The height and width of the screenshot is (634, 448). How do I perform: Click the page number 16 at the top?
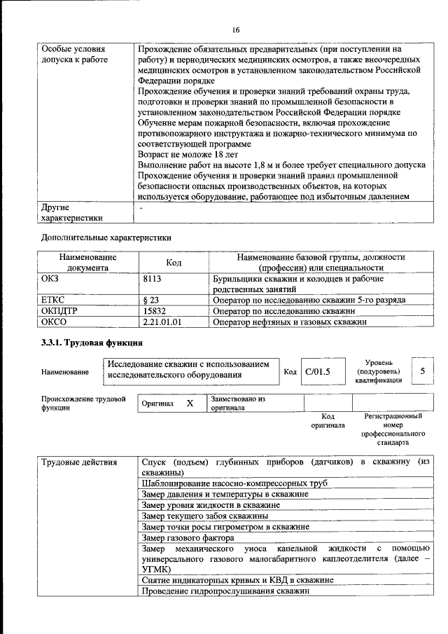coord(235,29)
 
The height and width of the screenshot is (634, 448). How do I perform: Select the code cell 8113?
coord(153,278)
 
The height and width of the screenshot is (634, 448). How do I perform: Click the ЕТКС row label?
coord(53,299)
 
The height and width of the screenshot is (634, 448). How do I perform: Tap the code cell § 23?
coord(151,299)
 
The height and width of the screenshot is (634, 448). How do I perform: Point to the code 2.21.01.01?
coord(162,322)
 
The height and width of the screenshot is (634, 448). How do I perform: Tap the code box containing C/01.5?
coord(317,371)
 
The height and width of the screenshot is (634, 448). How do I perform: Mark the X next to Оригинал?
coord(189,404)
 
